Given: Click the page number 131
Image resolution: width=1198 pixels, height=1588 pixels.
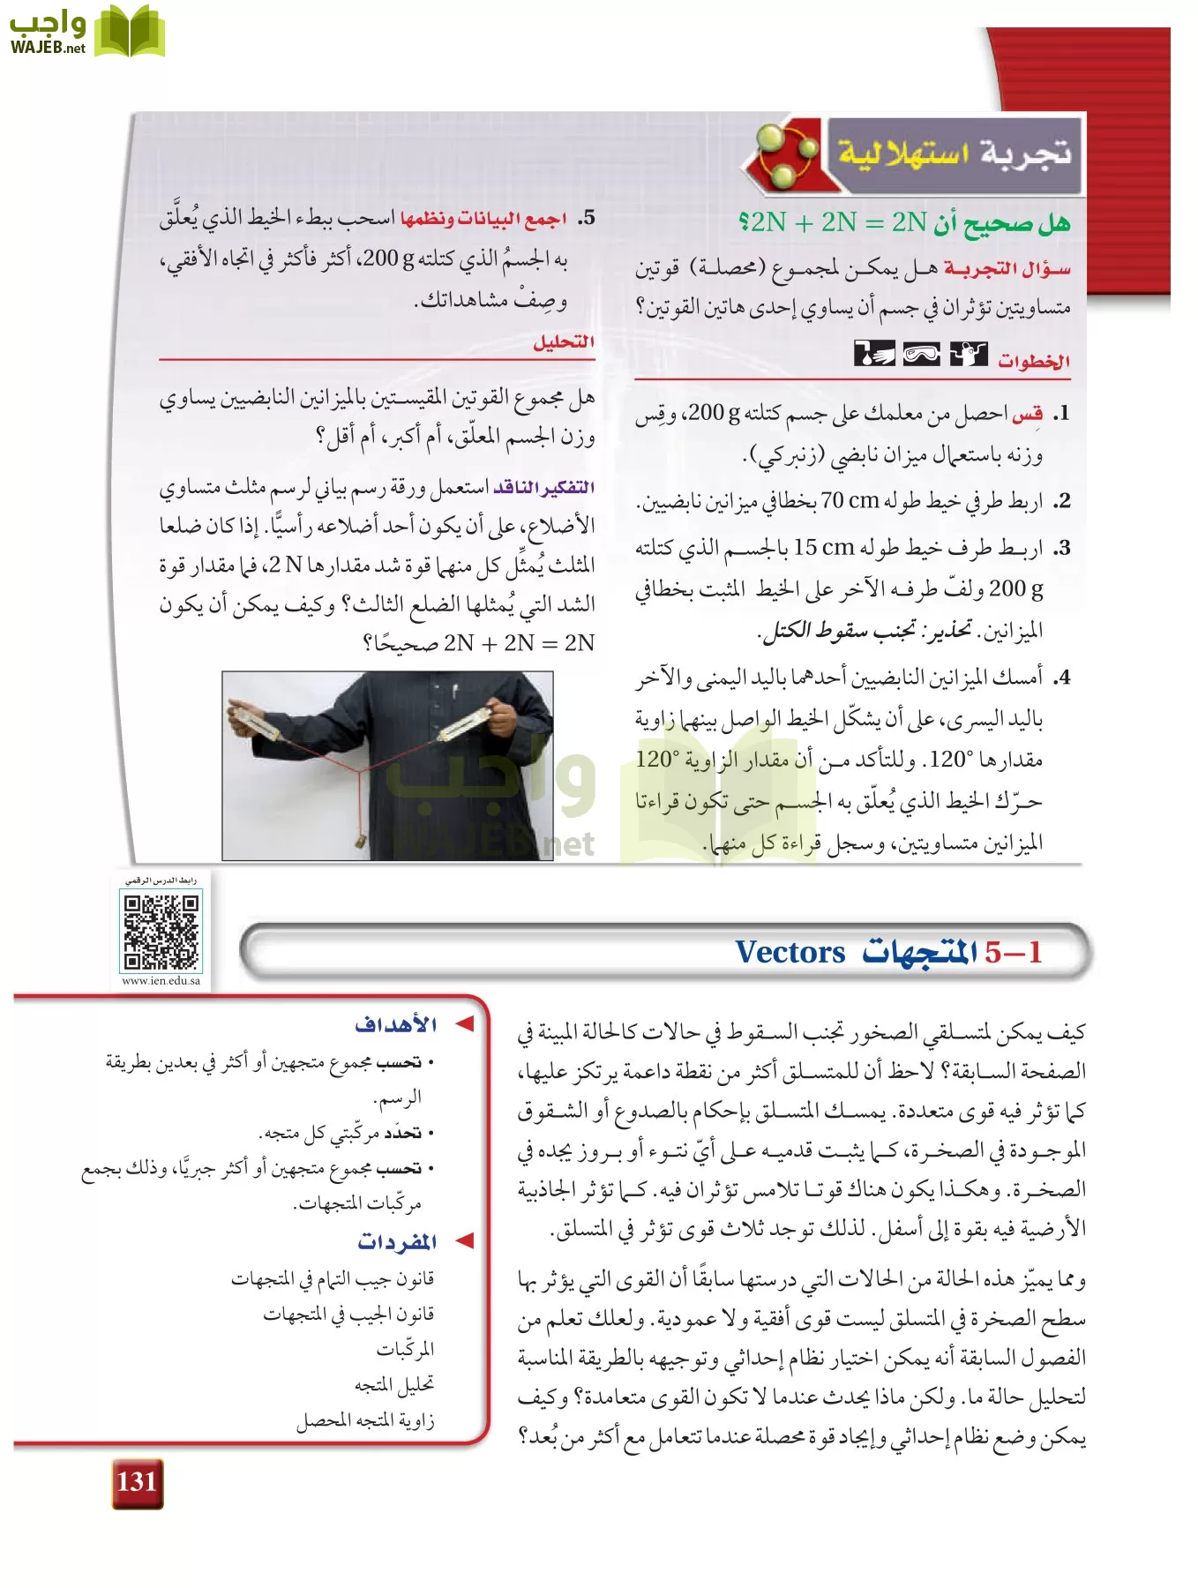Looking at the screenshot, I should pos(137,1481).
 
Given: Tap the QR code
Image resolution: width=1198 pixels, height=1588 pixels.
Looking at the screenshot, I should pos(161,932).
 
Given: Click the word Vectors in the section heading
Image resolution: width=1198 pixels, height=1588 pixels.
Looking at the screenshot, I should pos(790,952).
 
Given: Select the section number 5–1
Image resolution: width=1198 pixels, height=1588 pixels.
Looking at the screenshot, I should pos(1014,952).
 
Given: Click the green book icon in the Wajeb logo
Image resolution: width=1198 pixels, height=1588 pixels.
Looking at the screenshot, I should pos(130,33).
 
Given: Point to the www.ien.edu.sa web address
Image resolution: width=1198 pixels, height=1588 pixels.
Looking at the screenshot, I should pos(161,980).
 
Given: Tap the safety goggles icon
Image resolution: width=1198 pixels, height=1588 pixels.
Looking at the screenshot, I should pos(921,355).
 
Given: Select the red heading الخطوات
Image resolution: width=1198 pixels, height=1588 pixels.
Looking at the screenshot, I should pos(1034,360).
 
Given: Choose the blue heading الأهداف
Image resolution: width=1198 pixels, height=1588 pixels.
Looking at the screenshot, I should pos(396,1024).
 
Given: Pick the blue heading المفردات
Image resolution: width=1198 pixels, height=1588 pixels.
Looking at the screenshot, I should pos(397,1241).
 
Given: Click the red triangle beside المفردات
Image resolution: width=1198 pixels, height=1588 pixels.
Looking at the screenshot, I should pos(465,1241).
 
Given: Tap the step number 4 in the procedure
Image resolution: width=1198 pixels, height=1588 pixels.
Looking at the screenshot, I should pos(1063,678).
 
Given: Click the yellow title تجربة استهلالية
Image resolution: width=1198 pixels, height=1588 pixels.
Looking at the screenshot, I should pos(954,154).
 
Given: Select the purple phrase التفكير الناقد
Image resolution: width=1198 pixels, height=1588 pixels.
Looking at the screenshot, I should pos(543,488).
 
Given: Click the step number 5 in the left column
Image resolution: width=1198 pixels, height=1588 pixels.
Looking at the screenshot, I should pos(587,218).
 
